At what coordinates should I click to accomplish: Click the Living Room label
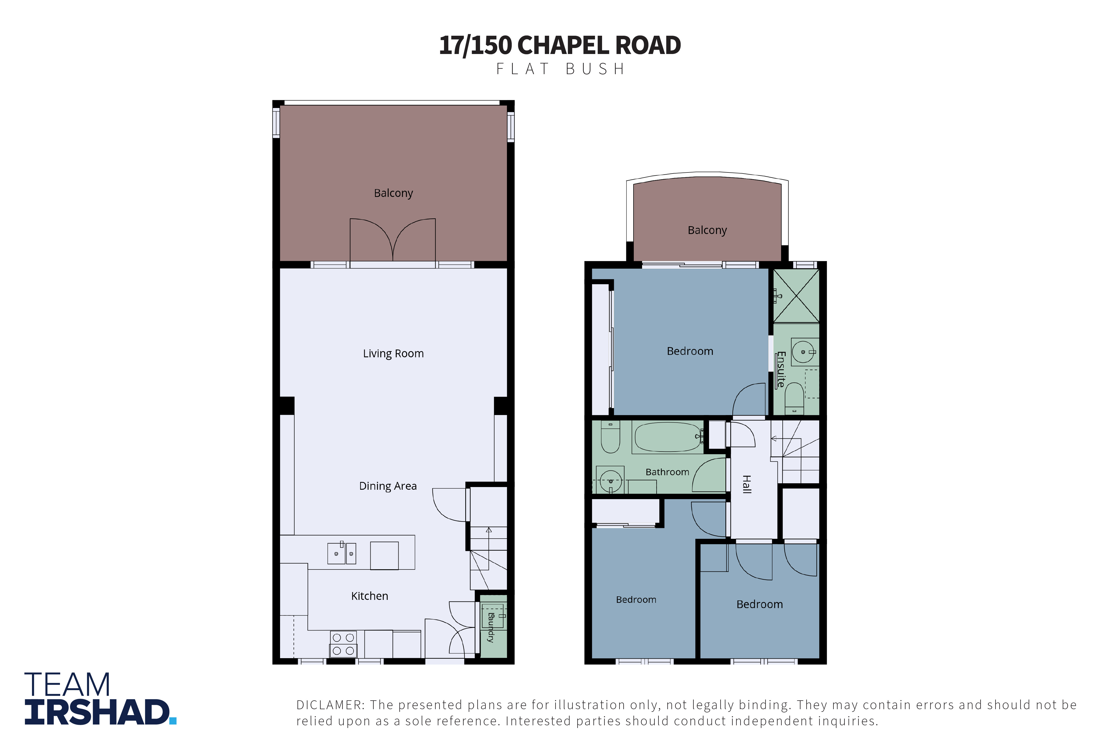coord(393,354)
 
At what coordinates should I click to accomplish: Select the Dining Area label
coord(388,486)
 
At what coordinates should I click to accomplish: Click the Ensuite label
coord(781,369)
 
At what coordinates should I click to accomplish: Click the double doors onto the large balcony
coord(393,240)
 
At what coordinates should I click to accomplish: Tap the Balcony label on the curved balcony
coord(707,230)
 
